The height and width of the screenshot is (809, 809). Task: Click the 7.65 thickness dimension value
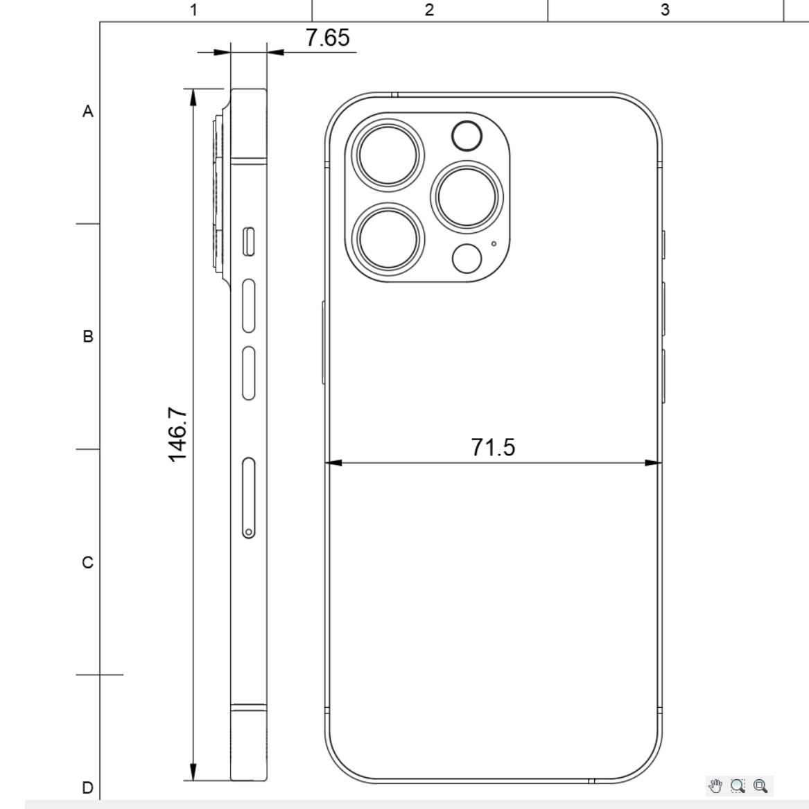click(328, 38)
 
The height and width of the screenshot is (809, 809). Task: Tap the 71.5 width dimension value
click(493, 448)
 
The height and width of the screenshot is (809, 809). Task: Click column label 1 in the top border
click(193, 10)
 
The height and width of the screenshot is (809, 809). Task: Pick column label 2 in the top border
click(429, 10)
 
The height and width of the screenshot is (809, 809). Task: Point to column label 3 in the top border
click(665, 10)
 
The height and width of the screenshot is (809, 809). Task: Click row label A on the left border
click(87, 111)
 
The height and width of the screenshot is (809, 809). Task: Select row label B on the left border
click(87, 336)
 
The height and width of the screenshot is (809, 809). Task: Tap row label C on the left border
click(87, 562)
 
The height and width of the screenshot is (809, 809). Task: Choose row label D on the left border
click(87, 788)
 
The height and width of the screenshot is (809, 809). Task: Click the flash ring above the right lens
click(467, 137)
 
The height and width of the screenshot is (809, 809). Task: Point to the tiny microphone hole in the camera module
click(494, 243)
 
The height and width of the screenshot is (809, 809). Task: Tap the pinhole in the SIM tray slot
click(248, 532)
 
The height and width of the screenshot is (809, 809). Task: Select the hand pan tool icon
click(715, 785)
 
